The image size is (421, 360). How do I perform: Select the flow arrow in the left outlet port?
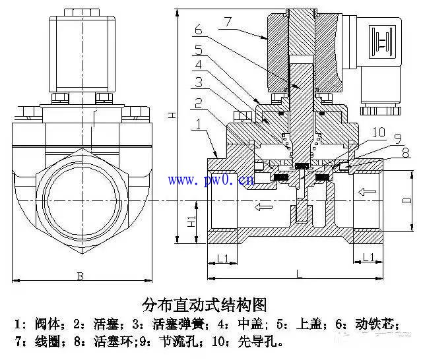point(264,208)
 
